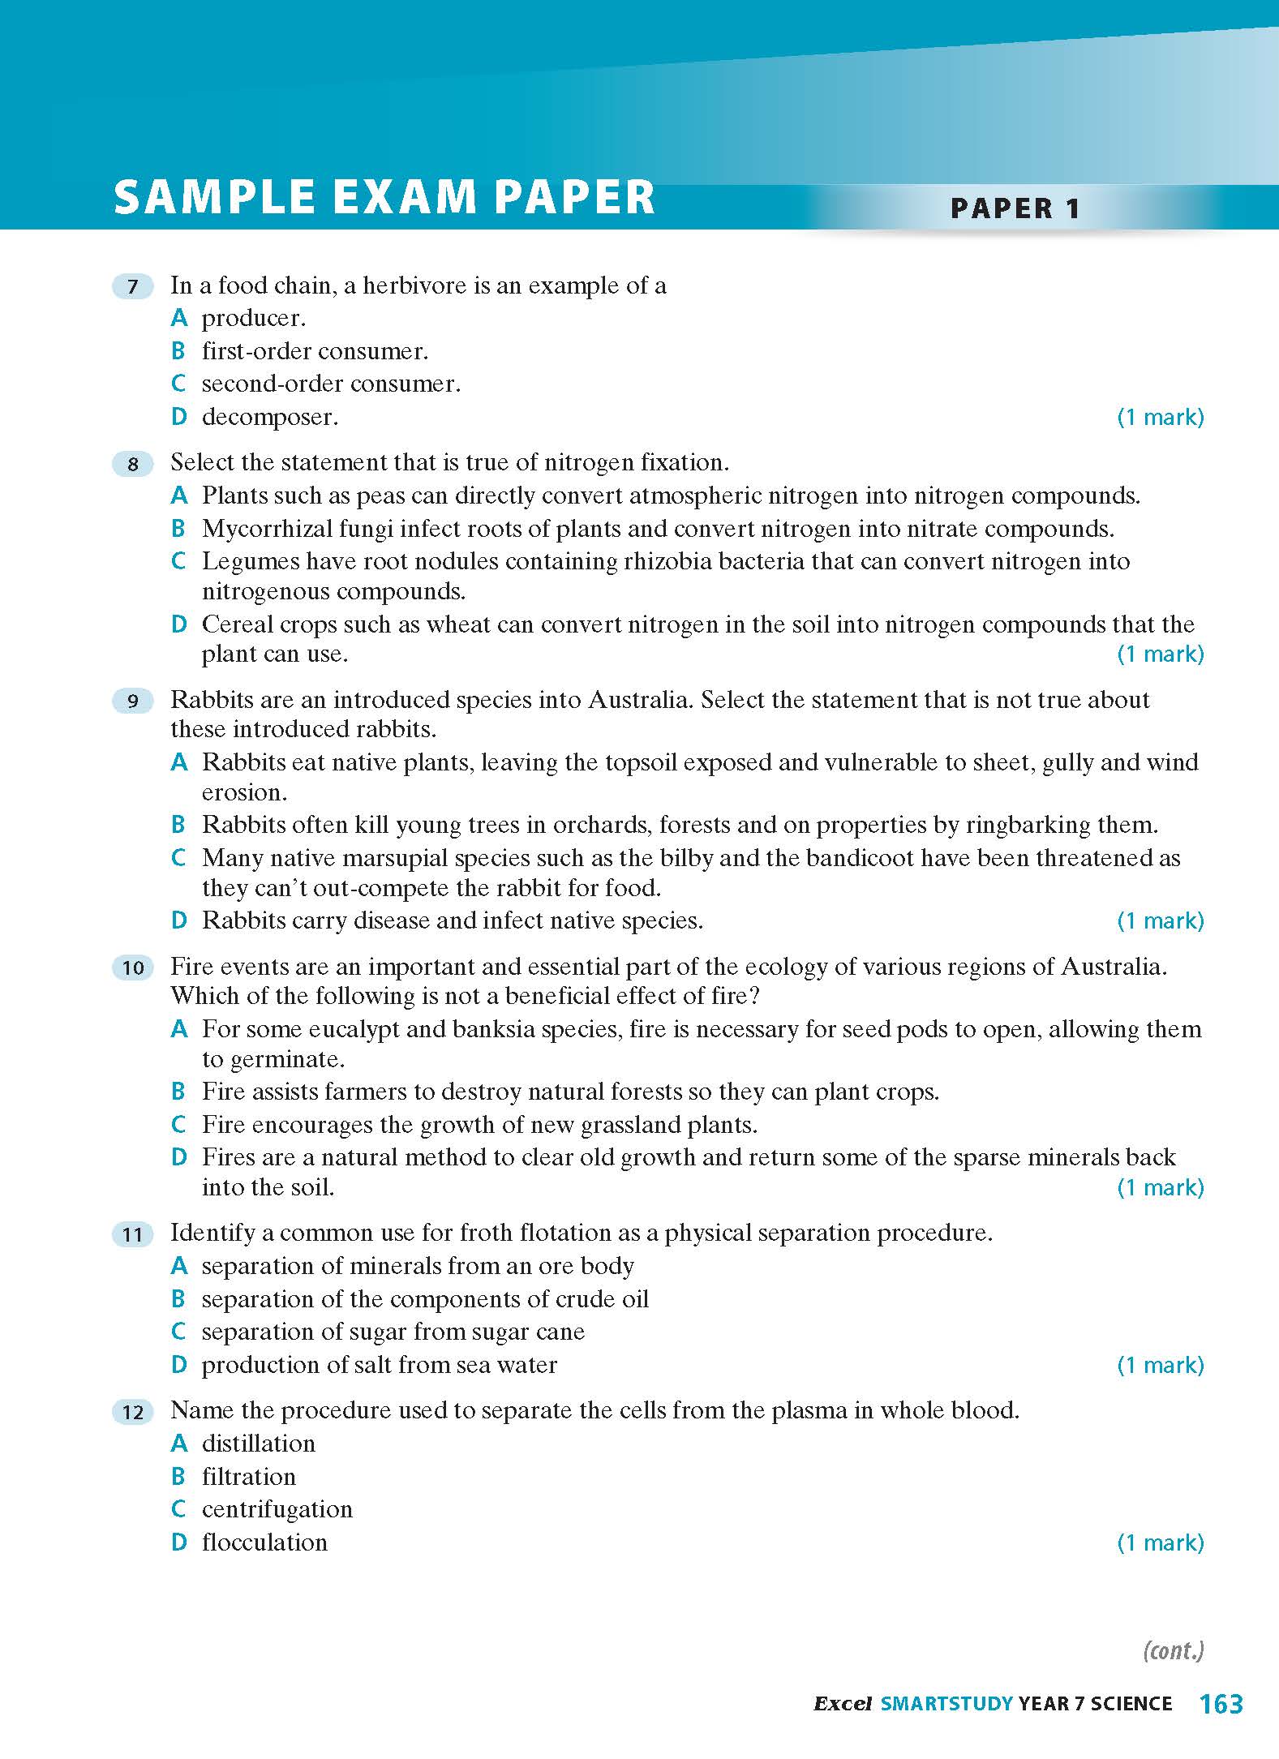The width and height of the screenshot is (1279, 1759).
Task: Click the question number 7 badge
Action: (x=133, y=286)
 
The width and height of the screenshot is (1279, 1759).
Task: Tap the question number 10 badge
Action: (x=133, y=967)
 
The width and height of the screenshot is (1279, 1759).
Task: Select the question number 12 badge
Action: (x=133, y=1412)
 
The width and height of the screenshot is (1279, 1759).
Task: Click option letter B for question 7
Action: (x=179, y=351)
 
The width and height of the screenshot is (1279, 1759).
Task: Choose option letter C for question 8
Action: (x=179, y=561)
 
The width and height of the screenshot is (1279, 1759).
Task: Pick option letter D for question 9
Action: (x=179, y=920)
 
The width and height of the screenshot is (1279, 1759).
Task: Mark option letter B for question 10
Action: (x=179, y=1092)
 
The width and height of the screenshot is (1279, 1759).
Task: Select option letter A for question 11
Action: (x=179, y=1266)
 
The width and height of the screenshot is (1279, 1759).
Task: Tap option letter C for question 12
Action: (x=179, y=1509)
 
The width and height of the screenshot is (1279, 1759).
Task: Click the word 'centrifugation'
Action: (x=277, y=1509)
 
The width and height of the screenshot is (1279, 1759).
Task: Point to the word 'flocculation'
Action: (x=264, y=1542)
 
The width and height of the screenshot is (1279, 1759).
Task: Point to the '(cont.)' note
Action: (x=1173, y=1650)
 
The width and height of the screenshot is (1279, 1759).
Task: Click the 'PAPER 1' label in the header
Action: (x=1015, y=208)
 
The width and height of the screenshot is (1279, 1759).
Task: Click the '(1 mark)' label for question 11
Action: (x=1161, y=1365)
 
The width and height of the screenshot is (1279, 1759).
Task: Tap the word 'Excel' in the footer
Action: (x=842, y=1704)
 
